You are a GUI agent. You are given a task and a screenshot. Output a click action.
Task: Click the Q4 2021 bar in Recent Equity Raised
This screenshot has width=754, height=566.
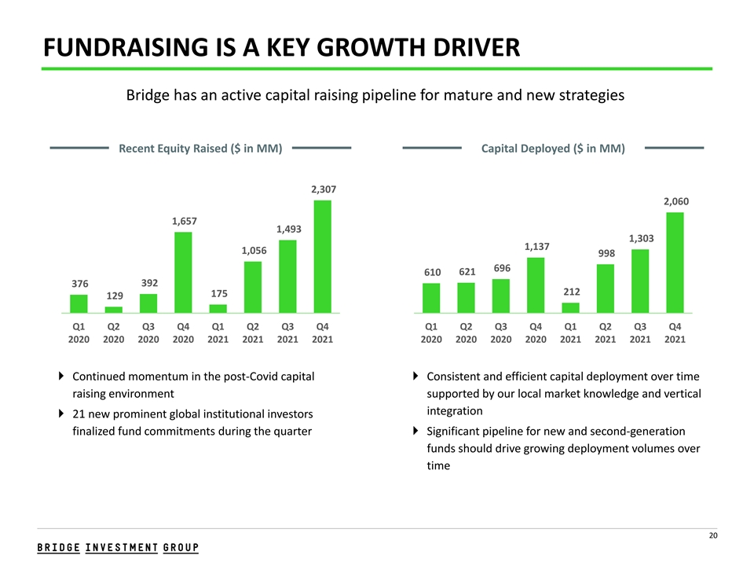pos(322,256)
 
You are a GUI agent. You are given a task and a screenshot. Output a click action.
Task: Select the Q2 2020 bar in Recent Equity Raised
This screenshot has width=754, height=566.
pos(113,310)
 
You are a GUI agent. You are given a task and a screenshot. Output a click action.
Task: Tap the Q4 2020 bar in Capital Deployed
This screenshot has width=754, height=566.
pos(536,285)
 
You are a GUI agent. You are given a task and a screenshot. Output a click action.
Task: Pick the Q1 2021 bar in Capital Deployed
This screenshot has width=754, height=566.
pos(570,308)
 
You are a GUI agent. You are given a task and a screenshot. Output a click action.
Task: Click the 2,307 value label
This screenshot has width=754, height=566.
pos(324,189)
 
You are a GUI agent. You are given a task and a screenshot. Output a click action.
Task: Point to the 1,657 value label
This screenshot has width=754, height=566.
pos(185,221)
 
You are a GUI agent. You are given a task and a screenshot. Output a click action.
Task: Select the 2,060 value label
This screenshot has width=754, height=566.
pos(676,201)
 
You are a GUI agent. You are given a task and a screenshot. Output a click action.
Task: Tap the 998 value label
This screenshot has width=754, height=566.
pos(606,253)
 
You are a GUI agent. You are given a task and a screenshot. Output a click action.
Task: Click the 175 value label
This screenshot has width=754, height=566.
pos(219,293)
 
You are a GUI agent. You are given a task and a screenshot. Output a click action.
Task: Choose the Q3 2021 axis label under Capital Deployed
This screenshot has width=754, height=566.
pos(640,333)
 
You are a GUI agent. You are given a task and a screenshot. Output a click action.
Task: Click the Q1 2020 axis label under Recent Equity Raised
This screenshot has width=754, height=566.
pos(79,333)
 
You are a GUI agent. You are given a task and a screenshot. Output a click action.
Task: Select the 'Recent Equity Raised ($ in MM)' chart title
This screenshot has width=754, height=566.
pos(200,149)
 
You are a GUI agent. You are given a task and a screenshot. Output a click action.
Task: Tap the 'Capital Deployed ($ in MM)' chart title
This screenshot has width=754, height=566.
pos(553,149)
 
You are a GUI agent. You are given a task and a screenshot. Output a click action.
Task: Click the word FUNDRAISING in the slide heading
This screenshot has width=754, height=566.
pos(126,47)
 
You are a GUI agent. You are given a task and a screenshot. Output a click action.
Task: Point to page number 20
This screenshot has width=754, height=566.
pos(713,535)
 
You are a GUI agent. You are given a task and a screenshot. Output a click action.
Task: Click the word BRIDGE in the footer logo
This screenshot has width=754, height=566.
pos(59,548)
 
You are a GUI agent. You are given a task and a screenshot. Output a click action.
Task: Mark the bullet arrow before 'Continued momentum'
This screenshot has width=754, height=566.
pos(61,376)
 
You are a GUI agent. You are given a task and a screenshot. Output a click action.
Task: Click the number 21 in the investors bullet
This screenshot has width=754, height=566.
pos(79,414)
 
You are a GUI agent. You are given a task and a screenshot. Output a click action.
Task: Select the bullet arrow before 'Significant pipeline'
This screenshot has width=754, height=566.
pos(415,431)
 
